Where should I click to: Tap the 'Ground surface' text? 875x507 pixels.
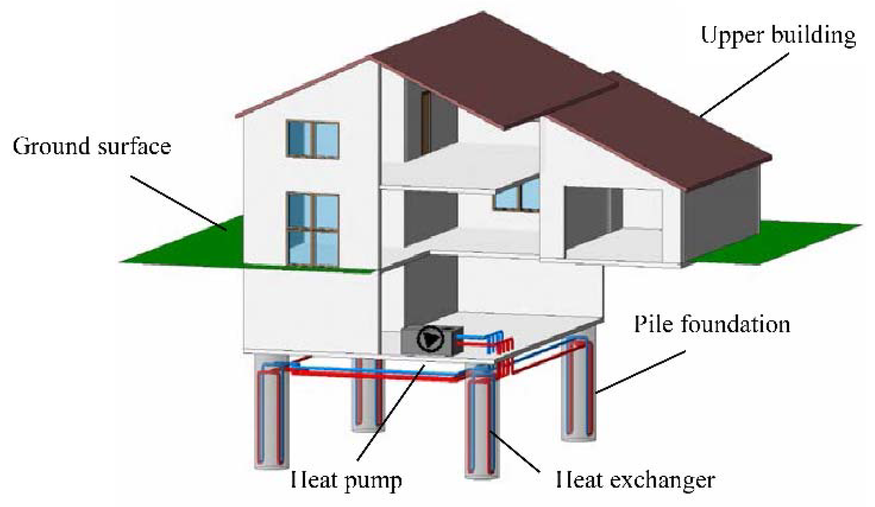(92, 146)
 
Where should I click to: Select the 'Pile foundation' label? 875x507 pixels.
(712, 324)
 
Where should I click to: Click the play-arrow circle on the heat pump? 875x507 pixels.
(430, 339)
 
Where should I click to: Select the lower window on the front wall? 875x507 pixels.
(312, 229)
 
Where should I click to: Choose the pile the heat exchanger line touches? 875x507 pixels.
(482, 427)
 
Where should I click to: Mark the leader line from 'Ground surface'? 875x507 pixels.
(179, 203)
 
